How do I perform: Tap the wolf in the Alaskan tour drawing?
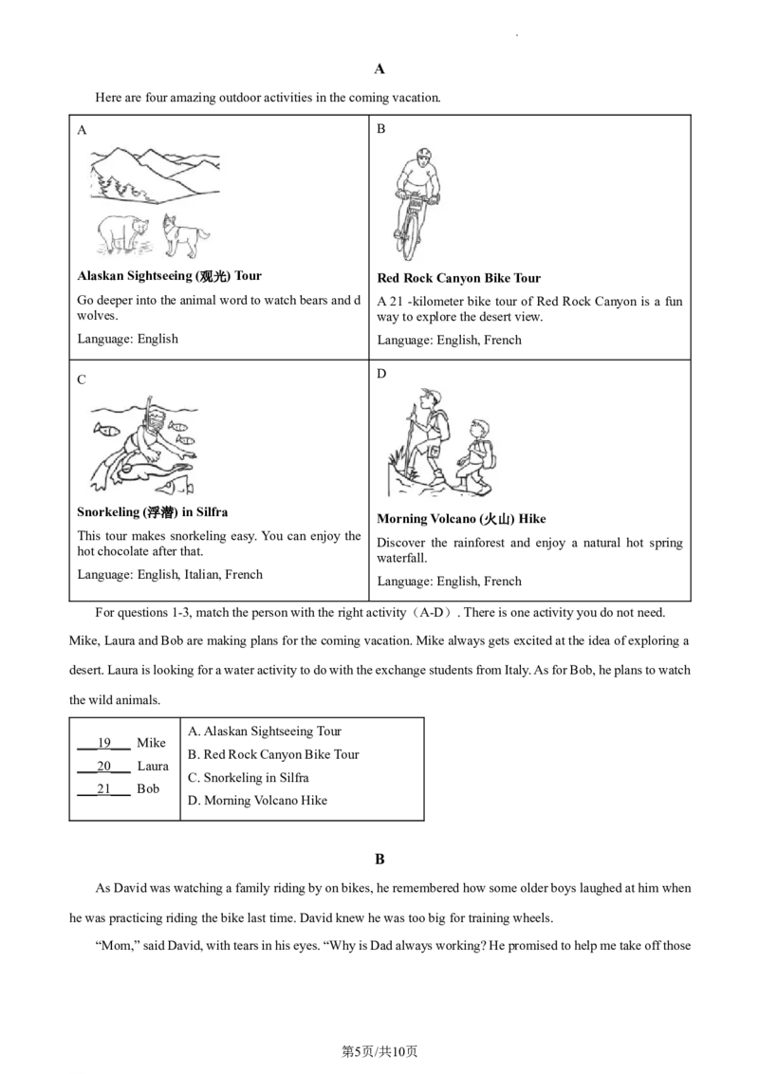pos(185,236)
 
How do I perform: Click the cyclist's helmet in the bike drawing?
pos(424,154)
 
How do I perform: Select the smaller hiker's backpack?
pos(490,454)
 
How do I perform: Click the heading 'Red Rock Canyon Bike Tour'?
pos(458,278)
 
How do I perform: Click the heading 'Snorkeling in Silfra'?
pos(152,511)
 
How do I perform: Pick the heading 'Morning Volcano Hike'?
pos(461,519)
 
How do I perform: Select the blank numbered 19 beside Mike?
pos(103,743)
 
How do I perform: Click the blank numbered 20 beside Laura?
pos(103,767)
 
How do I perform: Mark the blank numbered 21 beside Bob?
pos(103,789)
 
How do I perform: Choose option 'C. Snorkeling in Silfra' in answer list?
pos(248,777)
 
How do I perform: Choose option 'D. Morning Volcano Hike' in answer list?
pos(257,800)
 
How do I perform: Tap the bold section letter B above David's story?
pos(379,859)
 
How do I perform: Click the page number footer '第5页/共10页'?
pos(379,1051)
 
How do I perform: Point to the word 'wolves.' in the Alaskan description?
pos(98,316)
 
